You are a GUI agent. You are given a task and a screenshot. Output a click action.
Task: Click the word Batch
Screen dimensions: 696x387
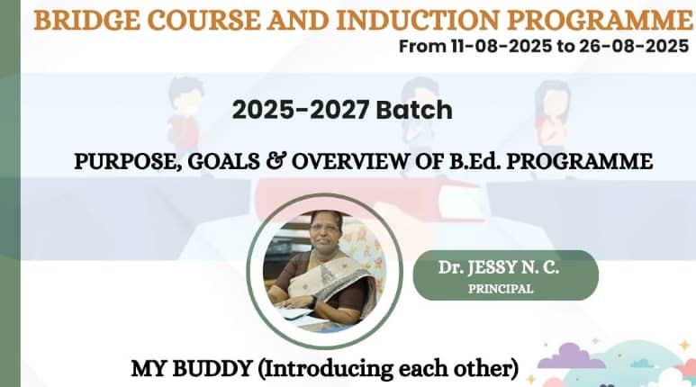[x=414, y=110]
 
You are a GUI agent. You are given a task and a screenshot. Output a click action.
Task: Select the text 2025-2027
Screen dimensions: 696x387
[x=301, y=110]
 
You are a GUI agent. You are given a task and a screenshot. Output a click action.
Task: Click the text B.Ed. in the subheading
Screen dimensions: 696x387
[x=475, y=161]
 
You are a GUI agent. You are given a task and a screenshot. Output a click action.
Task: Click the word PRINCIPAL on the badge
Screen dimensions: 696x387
[x=501, y=289]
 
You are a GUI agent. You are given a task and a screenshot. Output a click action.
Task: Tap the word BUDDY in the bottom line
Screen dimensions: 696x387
[x=212, y=368]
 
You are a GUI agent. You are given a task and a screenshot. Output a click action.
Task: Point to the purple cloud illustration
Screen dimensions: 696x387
[x=570, y=357]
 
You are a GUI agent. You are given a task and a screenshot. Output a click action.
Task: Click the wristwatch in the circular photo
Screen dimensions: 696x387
[x=313, y=302]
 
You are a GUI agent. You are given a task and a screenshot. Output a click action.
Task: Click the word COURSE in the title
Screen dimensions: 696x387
[x=203, y=20]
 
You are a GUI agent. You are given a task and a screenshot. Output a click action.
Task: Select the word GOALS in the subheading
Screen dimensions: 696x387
[x=223, y=161]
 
